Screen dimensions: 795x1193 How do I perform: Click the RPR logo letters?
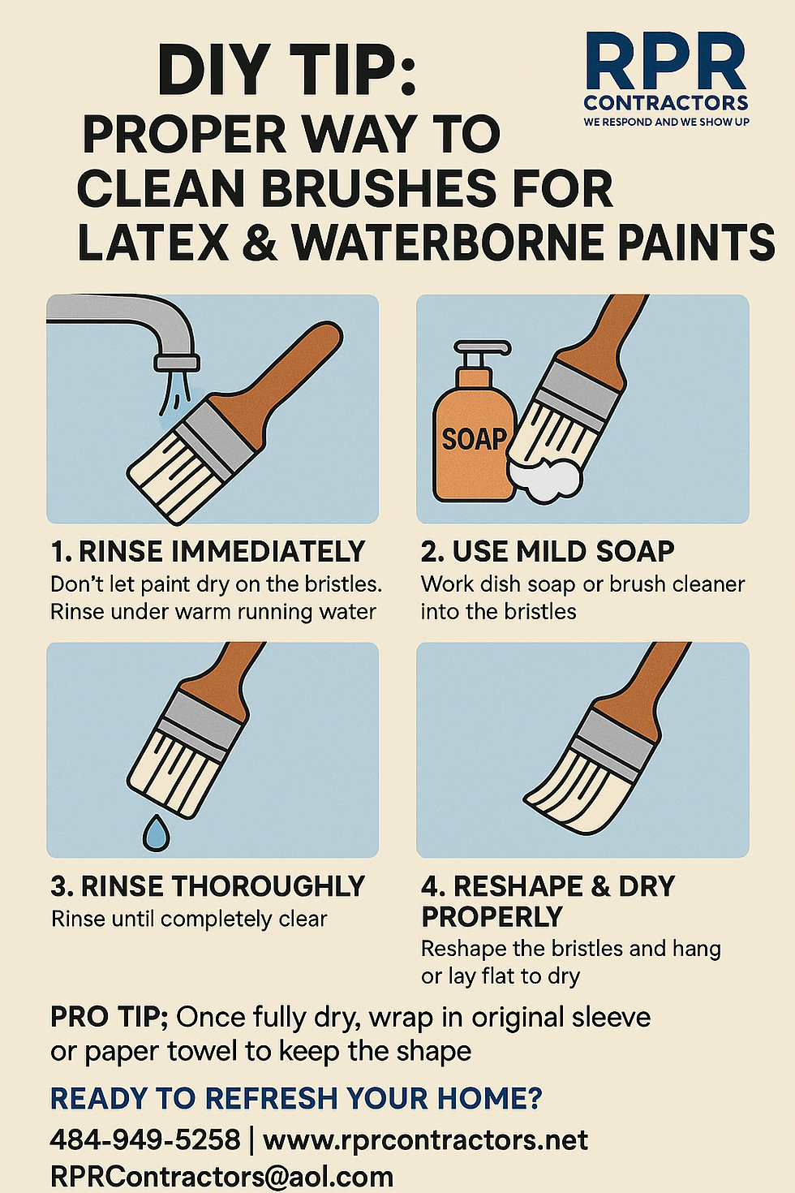[665, 62]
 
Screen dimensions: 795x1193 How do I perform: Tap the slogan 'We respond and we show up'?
[666, 122]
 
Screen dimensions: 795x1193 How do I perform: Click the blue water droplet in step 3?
[156, 832]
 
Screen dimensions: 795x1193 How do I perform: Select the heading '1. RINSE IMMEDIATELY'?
[208, 551]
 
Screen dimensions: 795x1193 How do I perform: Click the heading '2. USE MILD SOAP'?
[548, 551]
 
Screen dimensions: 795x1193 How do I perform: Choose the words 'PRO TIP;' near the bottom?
[110, 1018]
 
